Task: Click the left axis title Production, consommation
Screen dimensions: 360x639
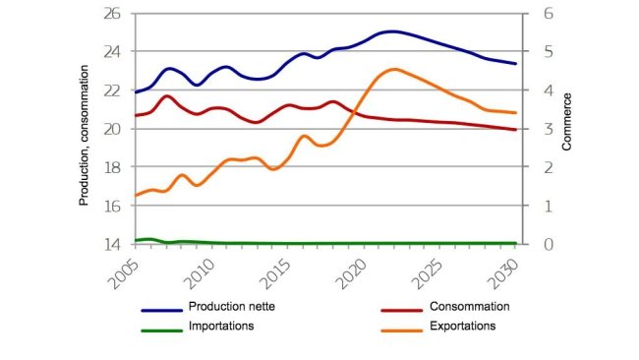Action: [86, 145]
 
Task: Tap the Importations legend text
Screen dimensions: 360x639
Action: [227, 326]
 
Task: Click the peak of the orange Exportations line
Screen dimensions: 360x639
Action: [394, 69]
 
